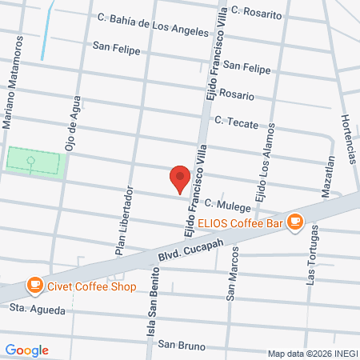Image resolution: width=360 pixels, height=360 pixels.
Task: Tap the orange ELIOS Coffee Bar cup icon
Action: coord(295,220)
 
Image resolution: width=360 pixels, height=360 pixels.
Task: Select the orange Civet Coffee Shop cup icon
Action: coord(34,284)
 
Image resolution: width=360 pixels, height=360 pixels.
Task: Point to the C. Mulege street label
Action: coord(226,206)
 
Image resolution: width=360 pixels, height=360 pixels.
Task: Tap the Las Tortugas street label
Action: coord(312,254)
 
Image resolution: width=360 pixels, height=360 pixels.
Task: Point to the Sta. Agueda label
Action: coord(37,307)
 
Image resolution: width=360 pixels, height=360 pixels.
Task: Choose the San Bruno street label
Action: coord(181,345)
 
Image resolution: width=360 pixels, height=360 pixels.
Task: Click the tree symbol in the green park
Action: coord(32,162)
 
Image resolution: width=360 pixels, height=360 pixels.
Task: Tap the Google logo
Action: coord(26,350)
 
